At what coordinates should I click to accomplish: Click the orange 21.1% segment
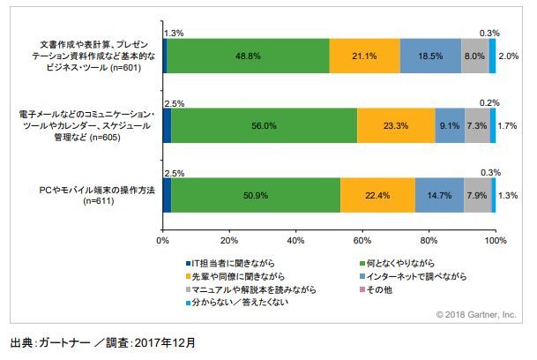(x=364, y=55)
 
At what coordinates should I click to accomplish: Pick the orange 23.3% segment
(x=396, y=125)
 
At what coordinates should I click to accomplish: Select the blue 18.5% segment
(x=429, y=55)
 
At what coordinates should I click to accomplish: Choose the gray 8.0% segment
(x=474, y=55)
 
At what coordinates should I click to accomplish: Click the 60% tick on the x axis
(x=362, y=240)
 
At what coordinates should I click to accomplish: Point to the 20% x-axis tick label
(x=229, y=240)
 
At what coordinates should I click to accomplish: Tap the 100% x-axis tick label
(x=495, y=240)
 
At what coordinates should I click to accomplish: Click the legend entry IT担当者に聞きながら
(x=234, y=263)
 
